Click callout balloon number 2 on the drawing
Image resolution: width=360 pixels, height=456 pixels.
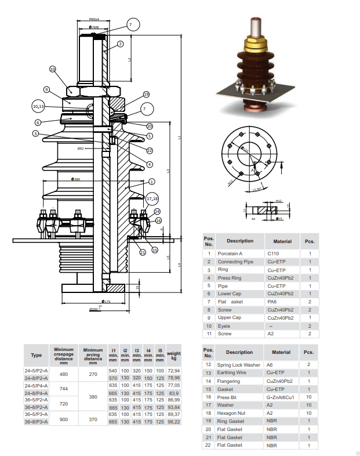tap(120, 44)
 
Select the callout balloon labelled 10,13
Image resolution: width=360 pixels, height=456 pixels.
tap(38, 106)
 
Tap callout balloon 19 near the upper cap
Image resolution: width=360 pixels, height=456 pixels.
tap(146, 94)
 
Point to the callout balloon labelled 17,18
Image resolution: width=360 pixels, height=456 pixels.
tap(152, 198)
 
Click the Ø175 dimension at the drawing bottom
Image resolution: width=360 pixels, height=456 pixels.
tap(107, 302)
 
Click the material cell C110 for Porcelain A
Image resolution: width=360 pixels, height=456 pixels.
tap(273, 254)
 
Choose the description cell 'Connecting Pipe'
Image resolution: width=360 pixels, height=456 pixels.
tap(235, 262)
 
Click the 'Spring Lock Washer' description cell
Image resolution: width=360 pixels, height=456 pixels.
tap(238, 364)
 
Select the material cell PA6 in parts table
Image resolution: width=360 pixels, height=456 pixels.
tap(272, 302)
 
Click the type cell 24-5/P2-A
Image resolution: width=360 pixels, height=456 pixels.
tap(36, 370)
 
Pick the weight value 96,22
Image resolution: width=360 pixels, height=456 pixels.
tap(173, 422)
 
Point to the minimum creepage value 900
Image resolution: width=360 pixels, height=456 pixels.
tap(64, 418)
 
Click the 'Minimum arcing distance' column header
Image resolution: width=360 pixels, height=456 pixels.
tap(93, 354)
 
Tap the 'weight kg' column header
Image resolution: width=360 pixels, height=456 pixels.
tap(173, 354)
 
